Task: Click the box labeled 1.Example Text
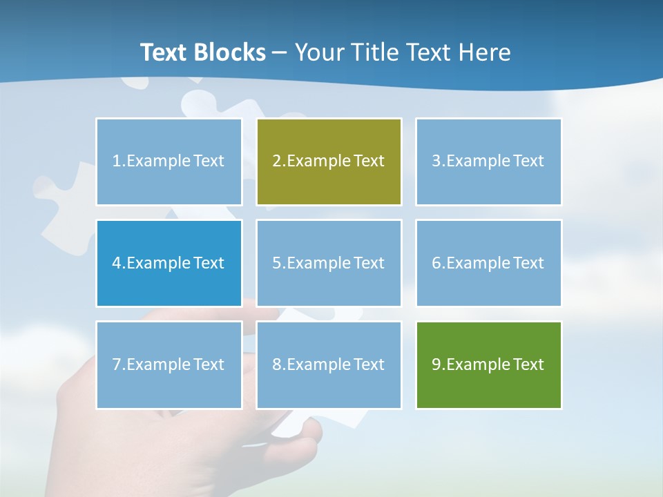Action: (169, 162)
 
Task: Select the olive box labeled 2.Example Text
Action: (329, 162)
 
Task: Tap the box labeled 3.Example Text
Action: (488, 162)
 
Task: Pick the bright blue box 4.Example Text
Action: (169, 263)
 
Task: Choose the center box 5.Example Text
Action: (329, 263)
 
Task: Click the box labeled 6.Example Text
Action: (488, 263)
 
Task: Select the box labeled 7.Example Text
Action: (169, 364)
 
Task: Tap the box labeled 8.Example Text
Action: (329, 364)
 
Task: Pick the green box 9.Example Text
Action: (488, 364)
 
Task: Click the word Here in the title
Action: (485, 52)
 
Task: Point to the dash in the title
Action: (280, 52)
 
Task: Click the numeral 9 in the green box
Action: (436, 364)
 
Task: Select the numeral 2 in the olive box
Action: (276, 162)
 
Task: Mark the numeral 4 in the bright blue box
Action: (117, 263)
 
